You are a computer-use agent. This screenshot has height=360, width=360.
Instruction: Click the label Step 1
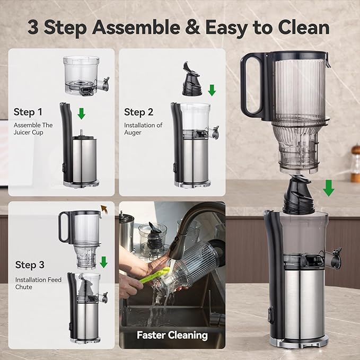coord(28,112)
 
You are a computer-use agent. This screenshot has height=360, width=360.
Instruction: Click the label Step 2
coord(138,112)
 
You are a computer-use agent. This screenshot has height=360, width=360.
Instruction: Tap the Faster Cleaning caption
coord(172,335)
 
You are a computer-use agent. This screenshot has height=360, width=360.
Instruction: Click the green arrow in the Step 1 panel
coord(81,113)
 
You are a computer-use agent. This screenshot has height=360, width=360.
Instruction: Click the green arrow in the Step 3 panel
coord(104,261)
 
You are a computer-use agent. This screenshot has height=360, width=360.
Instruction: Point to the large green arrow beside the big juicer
coord(329,187)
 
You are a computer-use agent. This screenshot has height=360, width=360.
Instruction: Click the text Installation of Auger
coord(143,129)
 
